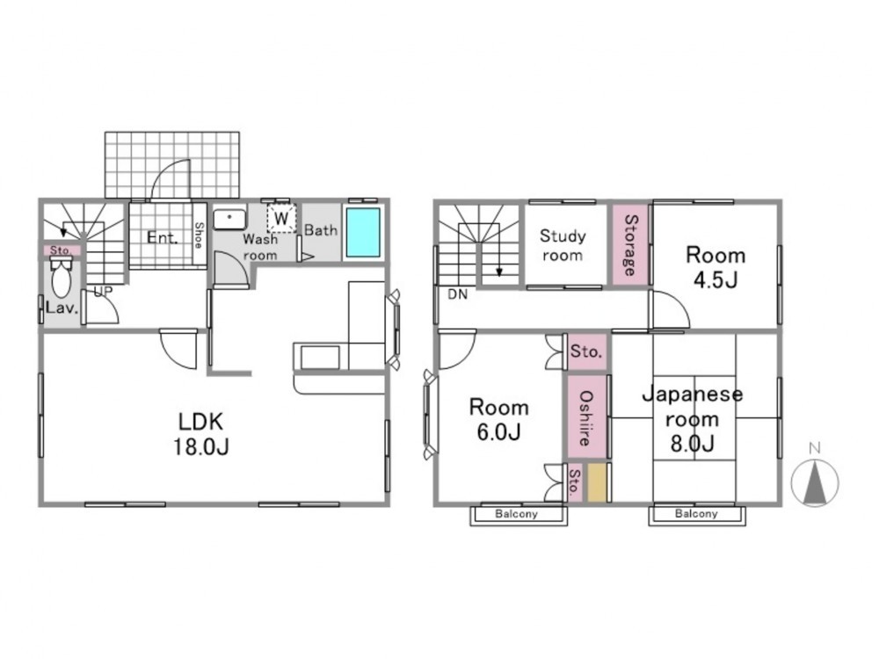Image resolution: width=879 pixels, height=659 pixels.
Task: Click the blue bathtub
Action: coord(363,233)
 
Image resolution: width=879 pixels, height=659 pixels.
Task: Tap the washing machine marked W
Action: coord(281,219)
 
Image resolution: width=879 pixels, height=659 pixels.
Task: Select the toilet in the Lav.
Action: coord(61,278)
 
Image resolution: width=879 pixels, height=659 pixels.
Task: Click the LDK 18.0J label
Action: coord(200,433)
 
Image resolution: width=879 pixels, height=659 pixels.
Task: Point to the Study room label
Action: coord(563,245)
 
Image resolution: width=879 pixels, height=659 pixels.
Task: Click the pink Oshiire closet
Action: coord(586,416)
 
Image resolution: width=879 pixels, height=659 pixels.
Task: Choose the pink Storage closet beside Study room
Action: coord(630,245)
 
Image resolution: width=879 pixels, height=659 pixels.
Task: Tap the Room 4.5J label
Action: coord(716,267)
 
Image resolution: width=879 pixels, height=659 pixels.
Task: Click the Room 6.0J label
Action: coord(498,418)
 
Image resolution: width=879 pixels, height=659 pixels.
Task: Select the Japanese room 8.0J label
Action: coord(693,418)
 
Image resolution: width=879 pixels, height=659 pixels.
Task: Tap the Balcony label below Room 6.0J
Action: coord(516,514)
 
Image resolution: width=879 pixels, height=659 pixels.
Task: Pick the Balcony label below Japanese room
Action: coord(696,514)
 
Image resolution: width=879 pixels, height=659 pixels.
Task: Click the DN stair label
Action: coord(457,294)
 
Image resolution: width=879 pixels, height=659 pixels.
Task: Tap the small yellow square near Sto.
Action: coord(597,482)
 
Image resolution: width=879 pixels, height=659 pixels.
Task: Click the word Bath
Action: coord(321,230)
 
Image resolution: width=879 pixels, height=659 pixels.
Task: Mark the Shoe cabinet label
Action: coord(199,235)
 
